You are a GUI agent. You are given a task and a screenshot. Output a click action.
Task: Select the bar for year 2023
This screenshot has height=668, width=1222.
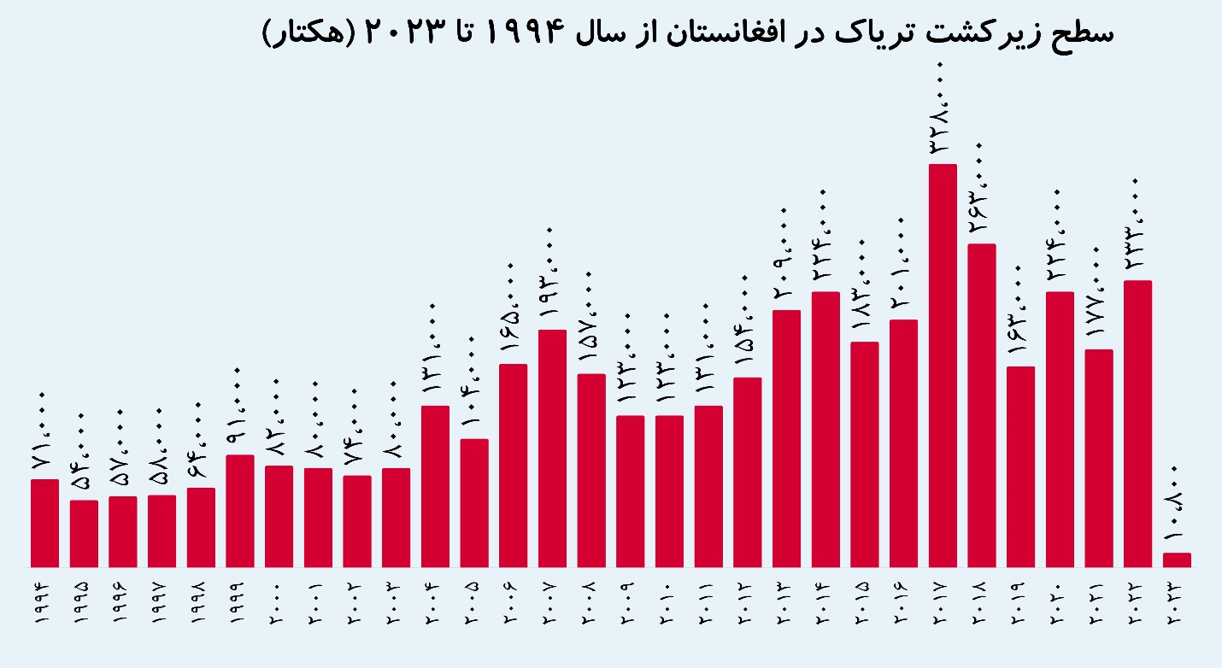point(1177,560)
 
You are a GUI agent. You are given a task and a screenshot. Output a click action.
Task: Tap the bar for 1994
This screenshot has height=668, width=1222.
point(44,523)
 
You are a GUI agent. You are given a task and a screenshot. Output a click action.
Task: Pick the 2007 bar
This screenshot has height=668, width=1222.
point(552,448)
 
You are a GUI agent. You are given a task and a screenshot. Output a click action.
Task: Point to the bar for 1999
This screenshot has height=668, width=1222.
point(240,511)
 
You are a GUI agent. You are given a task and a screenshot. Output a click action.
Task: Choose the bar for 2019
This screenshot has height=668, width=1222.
point(1020,466)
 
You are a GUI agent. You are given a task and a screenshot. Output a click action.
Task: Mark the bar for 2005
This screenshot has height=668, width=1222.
point(474,503)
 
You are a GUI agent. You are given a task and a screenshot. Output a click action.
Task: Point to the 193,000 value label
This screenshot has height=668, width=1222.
point(552,278)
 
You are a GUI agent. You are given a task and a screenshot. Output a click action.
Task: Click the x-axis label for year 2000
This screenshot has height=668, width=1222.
point(279,611)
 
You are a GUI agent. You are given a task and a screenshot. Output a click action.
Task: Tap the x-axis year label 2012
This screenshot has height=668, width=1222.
point(748,611)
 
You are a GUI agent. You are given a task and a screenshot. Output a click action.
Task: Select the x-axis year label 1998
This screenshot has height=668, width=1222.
point(201,611)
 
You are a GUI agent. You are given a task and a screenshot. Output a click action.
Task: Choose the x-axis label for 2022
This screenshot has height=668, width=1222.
point(1137,611)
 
